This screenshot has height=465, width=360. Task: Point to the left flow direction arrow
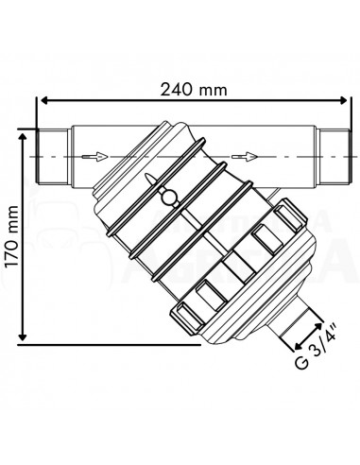click(x=92, y=155)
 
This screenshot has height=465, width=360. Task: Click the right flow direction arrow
click(x=243, y=155)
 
